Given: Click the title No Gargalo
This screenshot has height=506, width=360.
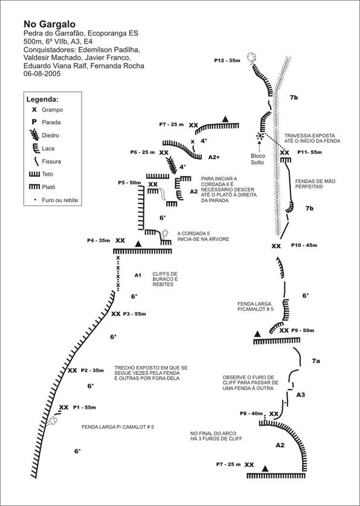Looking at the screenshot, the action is coord(50,24).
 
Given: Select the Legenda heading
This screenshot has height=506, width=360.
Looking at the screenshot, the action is coord(42,100).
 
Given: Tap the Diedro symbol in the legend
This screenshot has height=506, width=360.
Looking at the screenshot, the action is coord(34,135).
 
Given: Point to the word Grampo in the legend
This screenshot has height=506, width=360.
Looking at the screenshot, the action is coord(53,110).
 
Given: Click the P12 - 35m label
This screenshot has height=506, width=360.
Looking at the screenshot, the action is coord(227,60).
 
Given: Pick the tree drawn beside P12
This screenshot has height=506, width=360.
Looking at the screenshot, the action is coord(252,58).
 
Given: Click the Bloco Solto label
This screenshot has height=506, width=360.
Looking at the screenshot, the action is coord(257,159).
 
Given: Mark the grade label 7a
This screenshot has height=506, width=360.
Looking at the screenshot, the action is coord(315,361).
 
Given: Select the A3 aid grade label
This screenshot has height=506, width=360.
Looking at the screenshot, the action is coord(301,395).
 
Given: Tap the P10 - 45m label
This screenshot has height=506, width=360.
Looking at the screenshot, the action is coord(304,245).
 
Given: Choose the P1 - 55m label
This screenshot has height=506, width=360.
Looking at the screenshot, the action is coord(85,408).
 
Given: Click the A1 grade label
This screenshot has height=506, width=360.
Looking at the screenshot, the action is coord(138,275).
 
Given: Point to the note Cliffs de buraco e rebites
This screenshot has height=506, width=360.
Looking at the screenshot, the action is coord(166,279).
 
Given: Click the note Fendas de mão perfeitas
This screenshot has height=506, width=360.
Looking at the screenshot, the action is coord(310,184).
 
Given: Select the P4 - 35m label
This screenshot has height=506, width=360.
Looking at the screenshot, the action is coord(98,240).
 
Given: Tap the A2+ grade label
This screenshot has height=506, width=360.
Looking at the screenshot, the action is coord(214,157).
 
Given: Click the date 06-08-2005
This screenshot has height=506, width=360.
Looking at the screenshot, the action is coord(42,74).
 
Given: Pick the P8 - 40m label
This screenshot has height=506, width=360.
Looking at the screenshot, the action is coord(251,414).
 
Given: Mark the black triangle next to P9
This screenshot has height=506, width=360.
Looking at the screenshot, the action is coord(257,334).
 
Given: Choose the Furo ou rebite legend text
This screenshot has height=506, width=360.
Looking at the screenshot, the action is coord(60,200).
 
